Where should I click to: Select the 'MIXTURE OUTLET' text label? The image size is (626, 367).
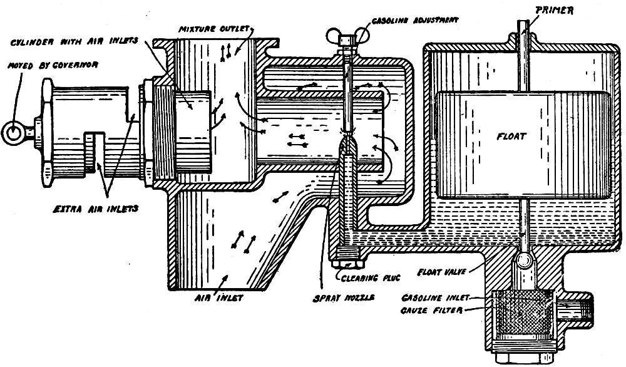point(222,29)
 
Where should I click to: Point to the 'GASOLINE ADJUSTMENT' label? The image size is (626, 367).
point(414,19)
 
